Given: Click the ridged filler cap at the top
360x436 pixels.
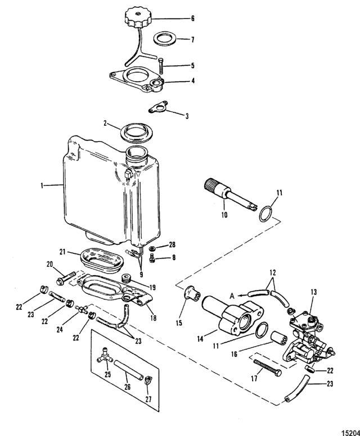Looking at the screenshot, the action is coord(138,17).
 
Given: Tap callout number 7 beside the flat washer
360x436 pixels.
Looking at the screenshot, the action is coord(192,39).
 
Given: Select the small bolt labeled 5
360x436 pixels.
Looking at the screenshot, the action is coord(161,66).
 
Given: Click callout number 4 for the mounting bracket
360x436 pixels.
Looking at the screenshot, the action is coord(193,81).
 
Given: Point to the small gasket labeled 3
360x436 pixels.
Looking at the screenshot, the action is coord(158,107).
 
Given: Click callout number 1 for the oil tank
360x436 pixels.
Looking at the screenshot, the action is coord(42,185).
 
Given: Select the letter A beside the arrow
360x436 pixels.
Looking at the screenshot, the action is coord(232,297).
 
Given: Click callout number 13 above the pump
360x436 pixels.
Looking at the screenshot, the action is coord(314,292).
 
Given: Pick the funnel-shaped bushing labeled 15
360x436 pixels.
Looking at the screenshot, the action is coord(192,293).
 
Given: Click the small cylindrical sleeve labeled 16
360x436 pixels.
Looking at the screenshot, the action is coord(279,338).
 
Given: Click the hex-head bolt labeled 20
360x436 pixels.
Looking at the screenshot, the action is coord(66,278).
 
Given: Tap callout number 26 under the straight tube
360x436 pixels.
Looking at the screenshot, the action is coord(127,387).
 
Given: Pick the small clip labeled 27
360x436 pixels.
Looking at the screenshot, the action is coord(147,380).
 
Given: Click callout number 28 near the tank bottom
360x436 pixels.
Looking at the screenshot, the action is coord(173,245).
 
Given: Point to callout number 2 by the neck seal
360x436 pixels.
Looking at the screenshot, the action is coord(105,123).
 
